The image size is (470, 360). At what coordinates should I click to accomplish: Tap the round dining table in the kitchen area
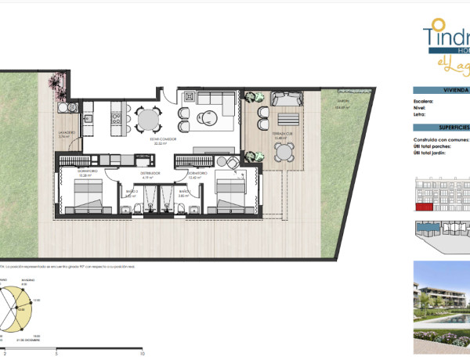[x=147, y=118]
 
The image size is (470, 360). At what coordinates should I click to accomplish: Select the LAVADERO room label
[x=68, y=133]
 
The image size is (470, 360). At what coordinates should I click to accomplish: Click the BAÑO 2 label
[x=132, y=192]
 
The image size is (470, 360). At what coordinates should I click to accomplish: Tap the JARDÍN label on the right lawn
[x=343, y=101]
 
